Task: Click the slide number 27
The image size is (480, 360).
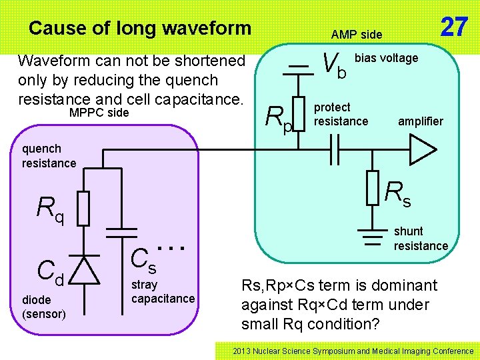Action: [x=454, y=27]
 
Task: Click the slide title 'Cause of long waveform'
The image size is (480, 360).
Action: [x=140, y=28]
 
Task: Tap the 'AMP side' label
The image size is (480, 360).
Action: [x=357, y=34]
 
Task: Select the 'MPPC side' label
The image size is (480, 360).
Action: [x=99, y=113]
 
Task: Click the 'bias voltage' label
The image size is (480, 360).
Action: [x=386, y=58]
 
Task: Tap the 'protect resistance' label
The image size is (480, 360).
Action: [x=341, y=114]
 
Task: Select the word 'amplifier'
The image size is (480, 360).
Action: [x=420, y=121]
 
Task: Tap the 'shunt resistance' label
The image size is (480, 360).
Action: [x=420, y=239]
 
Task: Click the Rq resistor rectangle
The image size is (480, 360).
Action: [x=83, y=207]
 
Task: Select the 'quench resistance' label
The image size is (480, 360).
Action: [x=49, y=156]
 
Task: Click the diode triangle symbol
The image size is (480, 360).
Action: [x=83, y=270]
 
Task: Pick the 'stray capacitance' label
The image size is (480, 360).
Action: [x=163, y=291]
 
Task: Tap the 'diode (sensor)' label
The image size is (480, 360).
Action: [x=43, y=307]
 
